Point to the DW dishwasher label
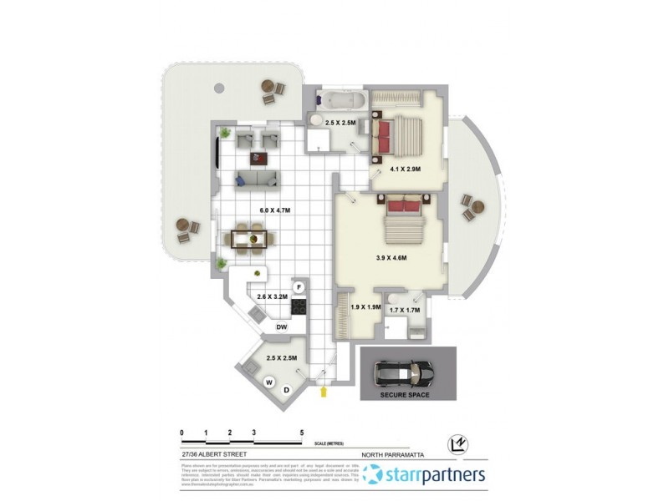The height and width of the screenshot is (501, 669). (x=282, y=327)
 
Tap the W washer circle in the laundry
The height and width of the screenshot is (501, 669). (x=269, y=383)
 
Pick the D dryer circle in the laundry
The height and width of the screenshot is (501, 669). (x=285, y=389)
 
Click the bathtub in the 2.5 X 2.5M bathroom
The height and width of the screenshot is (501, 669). (x=341, y=102)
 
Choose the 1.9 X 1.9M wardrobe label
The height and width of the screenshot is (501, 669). (x=364, y=307)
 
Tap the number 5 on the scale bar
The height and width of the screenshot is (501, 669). (x=301, y=433)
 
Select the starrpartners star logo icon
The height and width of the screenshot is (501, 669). (x=373, y=476)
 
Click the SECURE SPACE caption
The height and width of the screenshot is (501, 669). (x=404, y=394)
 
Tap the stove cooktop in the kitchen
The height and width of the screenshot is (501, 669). (x=299, y=306)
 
